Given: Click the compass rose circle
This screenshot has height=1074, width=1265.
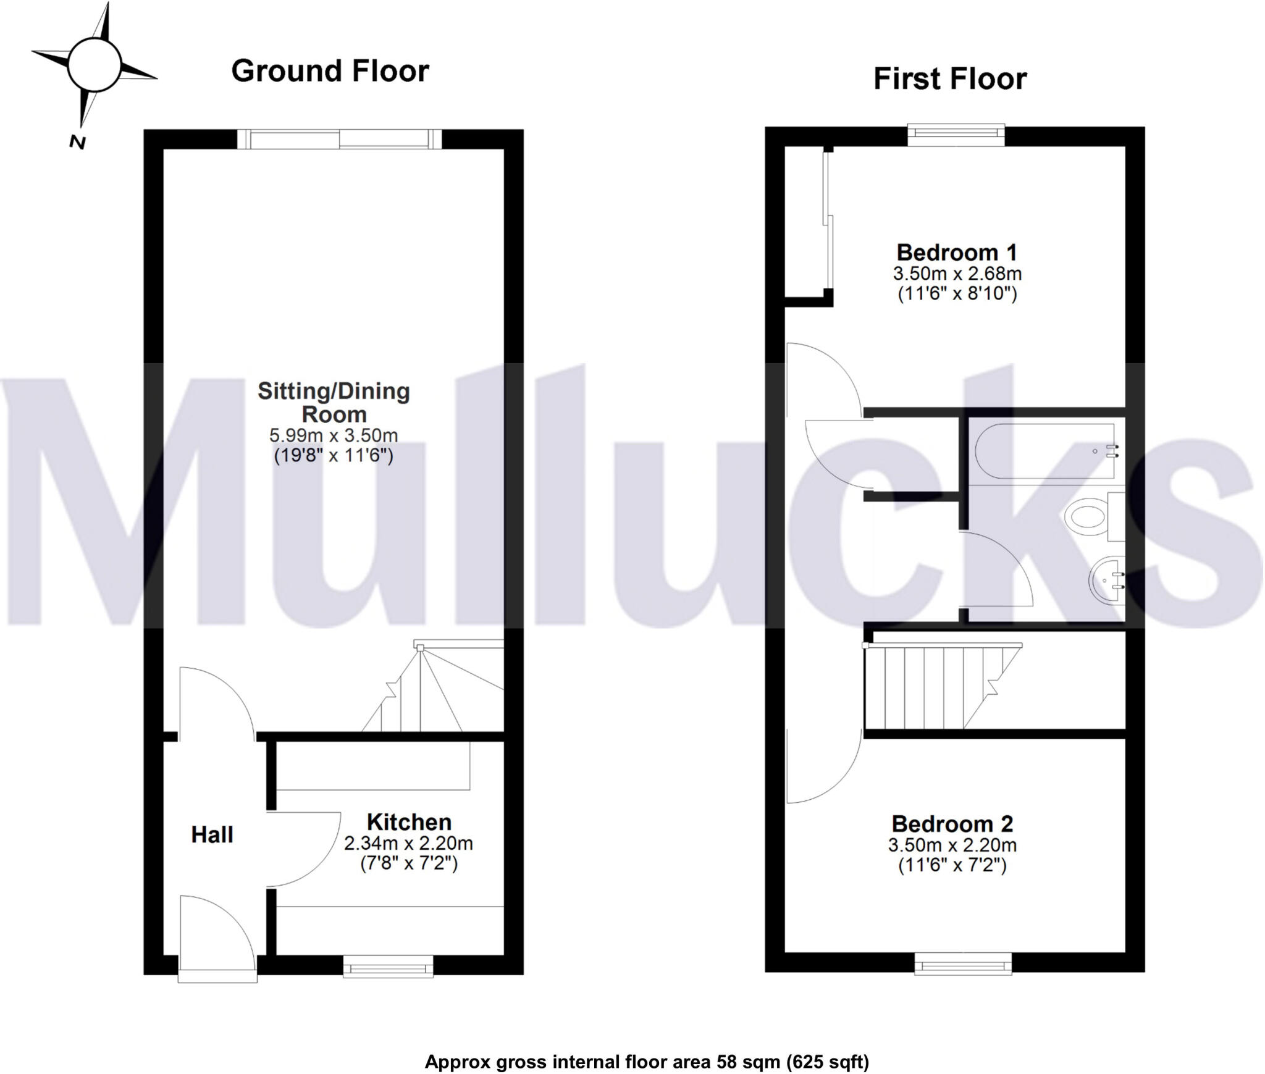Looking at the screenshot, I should tap(94, 64).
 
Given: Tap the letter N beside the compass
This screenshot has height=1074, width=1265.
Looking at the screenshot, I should tap(77, 143).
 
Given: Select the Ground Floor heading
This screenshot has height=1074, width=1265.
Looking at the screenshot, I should tap(330, 71).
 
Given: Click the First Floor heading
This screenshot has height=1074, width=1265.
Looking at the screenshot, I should tap(949, 79).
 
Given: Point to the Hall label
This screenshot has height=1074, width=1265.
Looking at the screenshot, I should tap(212, 835).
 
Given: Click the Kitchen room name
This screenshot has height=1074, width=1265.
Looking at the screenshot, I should tap(409, 822).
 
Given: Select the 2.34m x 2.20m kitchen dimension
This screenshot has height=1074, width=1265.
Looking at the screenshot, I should tap(408, 843).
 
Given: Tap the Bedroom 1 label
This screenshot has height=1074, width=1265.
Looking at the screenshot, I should tap(956, 252).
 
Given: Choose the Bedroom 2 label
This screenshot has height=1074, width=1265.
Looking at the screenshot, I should tap(952, 824).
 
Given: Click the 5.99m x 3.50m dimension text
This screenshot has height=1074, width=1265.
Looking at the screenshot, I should tap(334, 435).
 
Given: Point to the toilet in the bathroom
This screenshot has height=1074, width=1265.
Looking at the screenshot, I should tap(1093, 518).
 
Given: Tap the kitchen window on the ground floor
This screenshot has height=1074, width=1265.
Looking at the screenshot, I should tap(388, 966).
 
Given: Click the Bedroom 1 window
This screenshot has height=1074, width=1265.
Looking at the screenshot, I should tap(956, 135).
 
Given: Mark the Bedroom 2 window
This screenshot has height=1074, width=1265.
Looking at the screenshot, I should tap(963, 963).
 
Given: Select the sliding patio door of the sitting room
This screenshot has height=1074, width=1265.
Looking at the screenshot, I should tap(340, 139).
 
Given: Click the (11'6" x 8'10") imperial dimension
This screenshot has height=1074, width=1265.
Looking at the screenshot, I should tap(957, 293).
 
